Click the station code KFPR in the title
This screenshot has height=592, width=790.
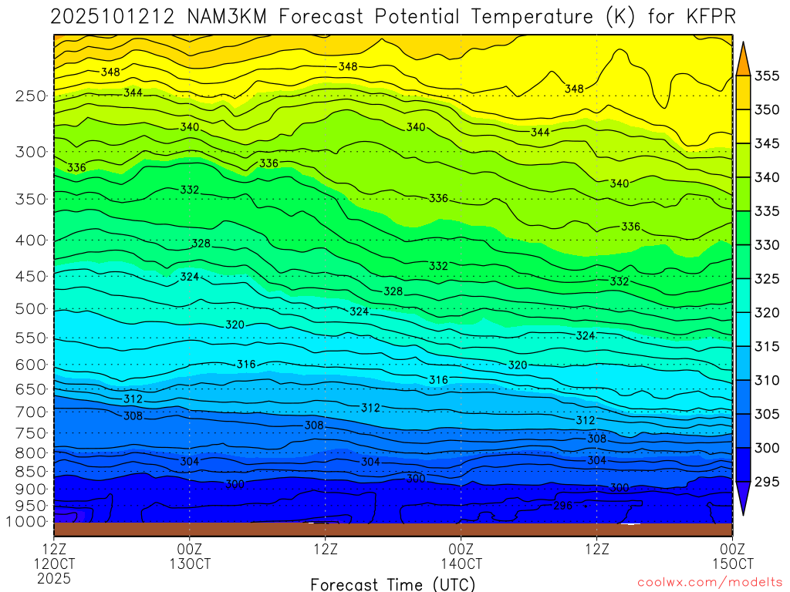[x=709, y=16]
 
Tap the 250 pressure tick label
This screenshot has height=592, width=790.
[x=31, y=96]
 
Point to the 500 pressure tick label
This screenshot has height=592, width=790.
[x=31, y=309]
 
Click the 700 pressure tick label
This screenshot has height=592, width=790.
[x=31, y=412]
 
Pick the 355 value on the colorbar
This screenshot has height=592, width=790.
[x=767, y=76]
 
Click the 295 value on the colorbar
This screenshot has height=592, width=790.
[x=767, y=483]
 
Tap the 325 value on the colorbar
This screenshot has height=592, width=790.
[x=767, y=279]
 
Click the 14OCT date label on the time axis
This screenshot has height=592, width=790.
[x=461, y=563]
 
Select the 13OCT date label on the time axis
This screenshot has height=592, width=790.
[x=190, y=563]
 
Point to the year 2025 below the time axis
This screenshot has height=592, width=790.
[x=54, y=577]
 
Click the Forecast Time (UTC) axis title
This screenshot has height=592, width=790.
[x=393, y=584]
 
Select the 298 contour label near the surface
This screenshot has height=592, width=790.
[x=564, y=506]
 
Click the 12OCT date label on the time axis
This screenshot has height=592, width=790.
[x=54, y=563]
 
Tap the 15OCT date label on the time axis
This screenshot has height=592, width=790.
[x=732, y=563]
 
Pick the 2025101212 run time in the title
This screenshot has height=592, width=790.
[x=115, y=16]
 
